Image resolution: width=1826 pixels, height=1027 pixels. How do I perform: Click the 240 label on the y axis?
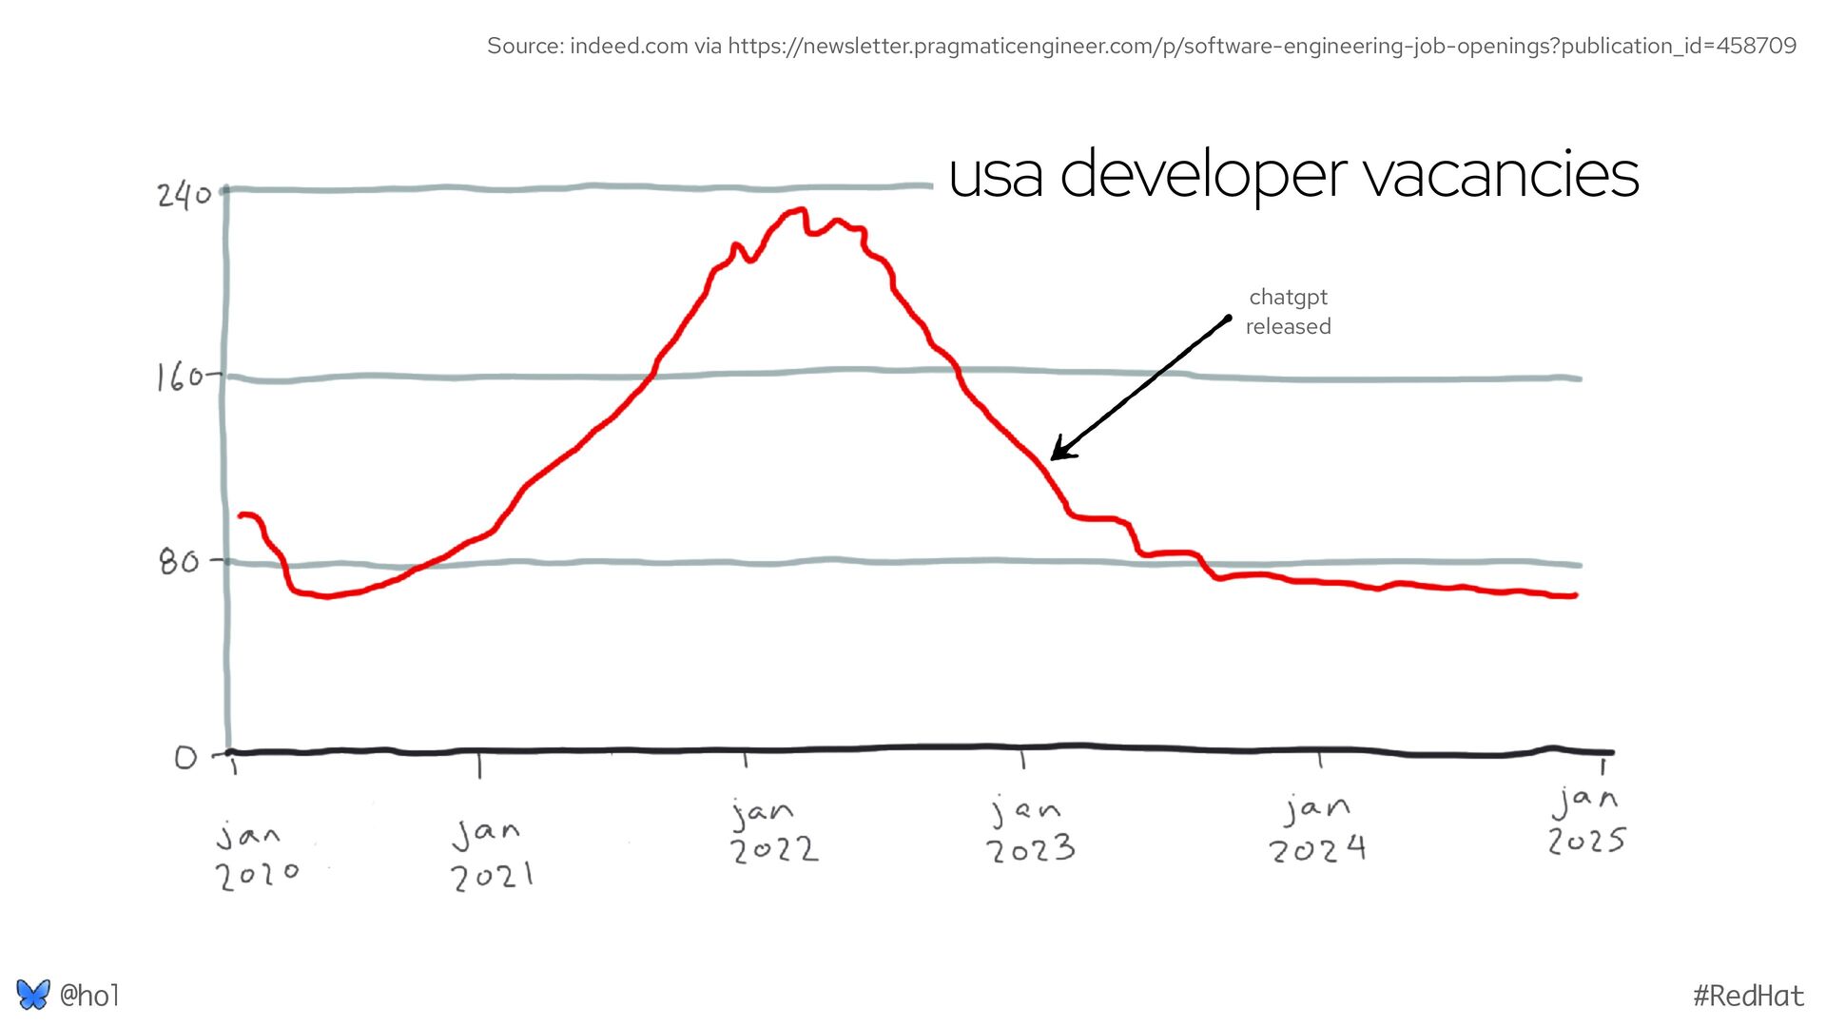(185, 196)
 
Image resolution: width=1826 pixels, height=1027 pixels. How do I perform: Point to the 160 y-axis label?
(181, 378)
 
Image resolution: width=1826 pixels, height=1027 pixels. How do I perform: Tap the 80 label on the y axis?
(179, 562)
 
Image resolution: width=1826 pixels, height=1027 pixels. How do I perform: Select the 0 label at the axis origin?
(186, 758)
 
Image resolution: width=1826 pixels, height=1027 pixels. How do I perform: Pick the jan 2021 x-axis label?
(491, 855)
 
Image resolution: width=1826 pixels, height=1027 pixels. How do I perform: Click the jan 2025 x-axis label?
(1586, 821)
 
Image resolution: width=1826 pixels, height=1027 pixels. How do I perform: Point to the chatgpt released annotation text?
(1288, 312)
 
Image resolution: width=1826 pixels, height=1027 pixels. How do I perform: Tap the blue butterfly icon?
(32, 995)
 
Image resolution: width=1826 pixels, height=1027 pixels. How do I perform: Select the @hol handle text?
(89, 996)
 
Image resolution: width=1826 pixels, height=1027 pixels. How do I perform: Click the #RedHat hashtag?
(1748, 996)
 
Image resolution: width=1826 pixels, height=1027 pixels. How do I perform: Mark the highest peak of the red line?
(801, 210)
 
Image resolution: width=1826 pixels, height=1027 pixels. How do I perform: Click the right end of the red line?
(1576, 595)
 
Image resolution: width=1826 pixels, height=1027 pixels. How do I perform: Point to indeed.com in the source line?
(628, 46)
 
